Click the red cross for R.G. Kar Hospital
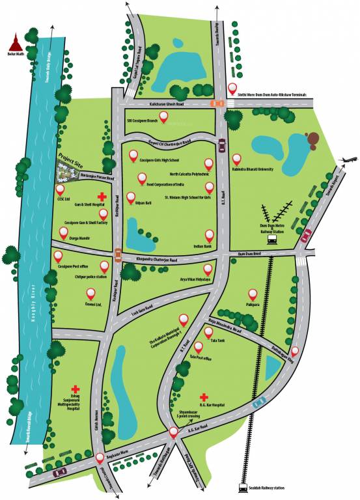[x=204, y=396]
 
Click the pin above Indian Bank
[x=209, y=235]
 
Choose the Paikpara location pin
[x=252, y=294]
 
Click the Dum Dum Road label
[x=249, y=253]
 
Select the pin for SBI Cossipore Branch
[x=164, y=117]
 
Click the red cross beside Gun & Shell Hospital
[x=102, y=197]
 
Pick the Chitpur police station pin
[x=104, y=266]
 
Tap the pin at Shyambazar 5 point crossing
[x=173, y=432]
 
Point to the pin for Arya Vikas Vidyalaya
[x=208, y=268]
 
